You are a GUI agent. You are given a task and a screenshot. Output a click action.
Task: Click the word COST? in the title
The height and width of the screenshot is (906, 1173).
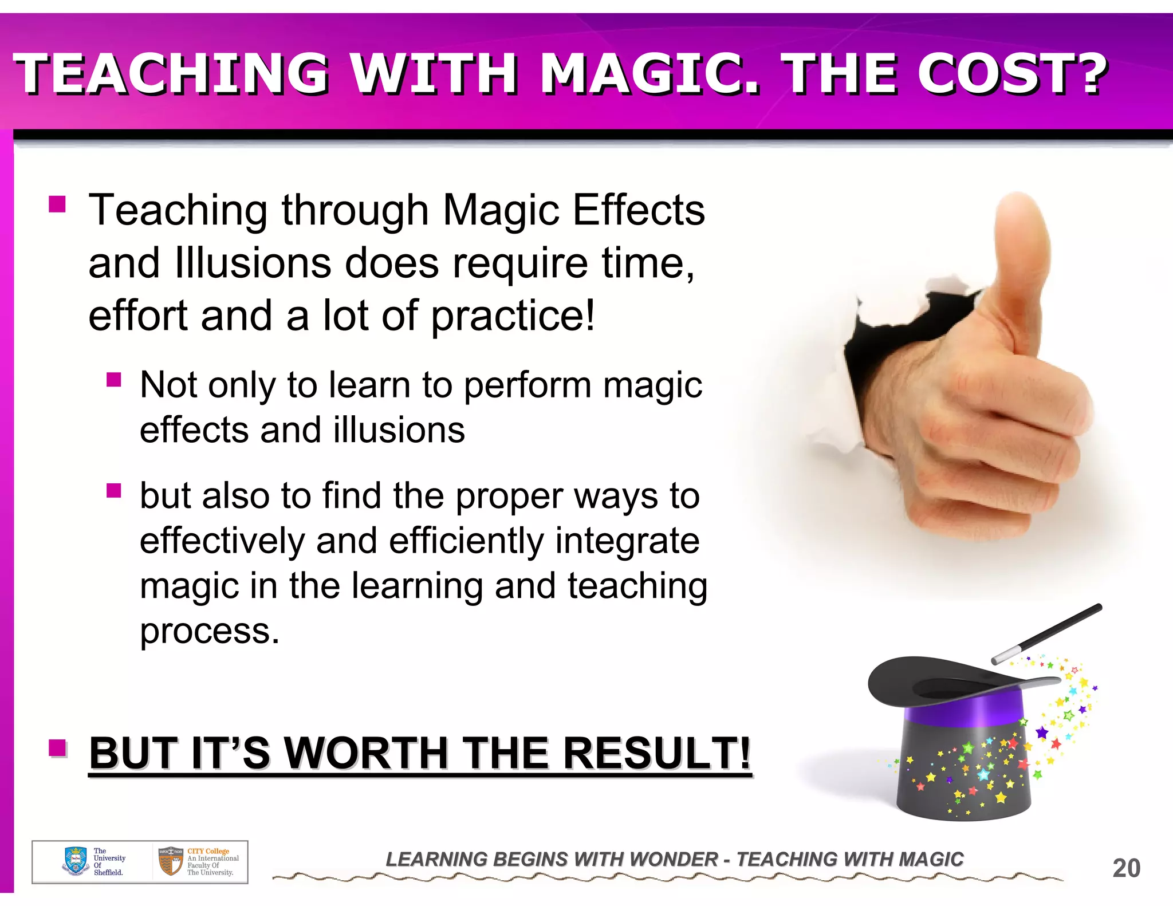coord(1011,73)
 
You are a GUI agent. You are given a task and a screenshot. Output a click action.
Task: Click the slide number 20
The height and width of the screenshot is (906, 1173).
coord(1126,868)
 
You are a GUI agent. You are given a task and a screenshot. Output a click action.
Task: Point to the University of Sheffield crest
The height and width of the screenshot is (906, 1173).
coord(76,861)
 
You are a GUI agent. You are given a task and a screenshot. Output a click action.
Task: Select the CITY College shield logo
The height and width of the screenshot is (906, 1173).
coord(170,861)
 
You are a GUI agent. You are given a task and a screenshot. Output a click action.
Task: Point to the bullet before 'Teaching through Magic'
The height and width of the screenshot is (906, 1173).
coord(57,204)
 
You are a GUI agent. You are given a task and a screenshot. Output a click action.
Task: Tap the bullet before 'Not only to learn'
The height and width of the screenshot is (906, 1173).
coord(113,379)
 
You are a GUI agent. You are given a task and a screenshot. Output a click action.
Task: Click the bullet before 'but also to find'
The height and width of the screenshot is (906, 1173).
coord(113,490)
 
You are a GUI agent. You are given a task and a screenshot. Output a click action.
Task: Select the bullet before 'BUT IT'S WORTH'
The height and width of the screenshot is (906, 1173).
coord(57,747)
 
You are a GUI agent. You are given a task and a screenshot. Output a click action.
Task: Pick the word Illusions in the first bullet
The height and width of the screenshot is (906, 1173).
coord(253,263)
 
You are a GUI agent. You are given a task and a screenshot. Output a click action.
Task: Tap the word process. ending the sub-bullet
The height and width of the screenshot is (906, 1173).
coord(210,631)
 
